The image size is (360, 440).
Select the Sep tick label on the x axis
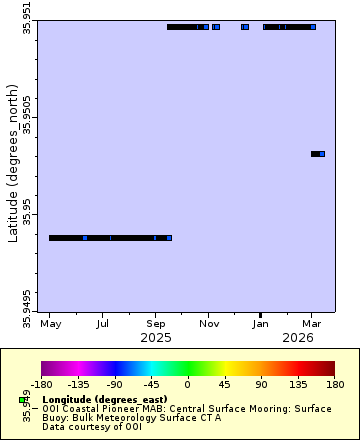pyautogui.click(x=155, y=324)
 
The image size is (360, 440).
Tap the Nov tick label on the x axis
pyautogui.click(x=208, y=324)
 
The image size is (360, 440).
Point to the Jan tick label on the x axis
pyautogui.click(x=260, y=324)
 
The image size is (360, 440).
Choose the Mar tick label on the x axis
pyautogui.click(x=312, y=324)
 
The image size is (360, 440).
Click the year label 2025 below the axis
pyautogui.click(x=155, y=338)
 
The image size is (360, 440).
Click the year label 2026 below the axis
pyautogui.click(x=297, y=338)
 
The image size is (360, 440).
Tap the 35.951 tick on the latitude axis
pyautogui.click(x=27, y=19)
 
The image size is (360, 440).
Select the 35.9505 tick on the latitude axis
pyautogui.click(x=27, y=116)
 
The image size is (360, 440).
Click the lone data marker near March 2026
pyautogui.click(x=321, y=154)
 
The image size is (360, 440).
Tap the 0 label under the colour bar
pyautogui.click(x=187, y=382)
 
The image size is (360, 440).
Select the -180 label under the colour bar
pyautogui.click(x=42, y=382)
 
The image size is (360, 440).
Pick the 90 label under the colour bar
pyautogui.click(x=260, y=382)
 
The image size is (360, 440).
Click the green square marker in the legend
pyautogui.click(x=22, y=400)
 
